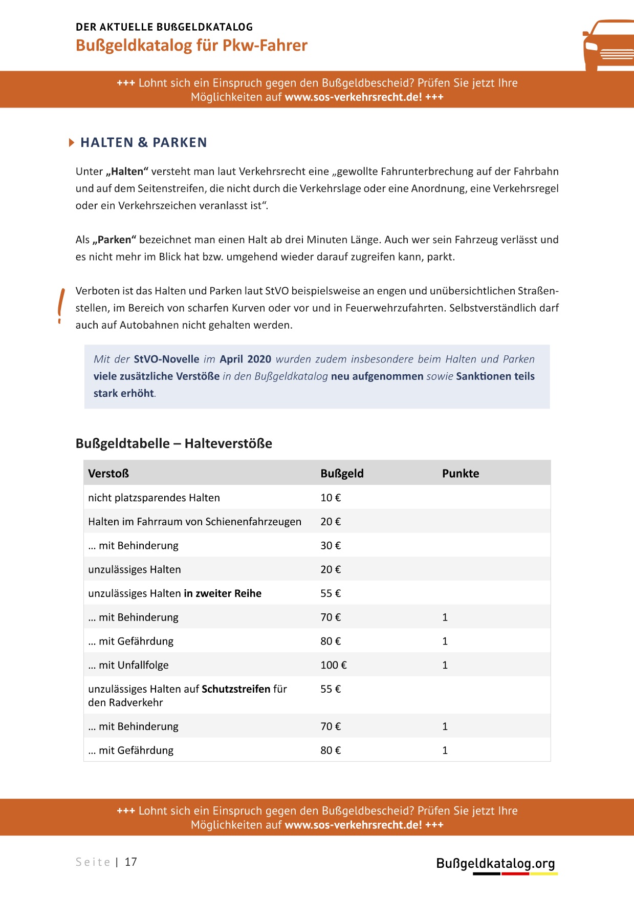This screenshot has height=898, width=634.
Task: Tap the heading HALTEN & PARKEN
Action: click(143, 142)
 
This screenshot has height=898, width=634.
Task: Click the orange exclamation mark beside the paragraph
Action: click(61, 306)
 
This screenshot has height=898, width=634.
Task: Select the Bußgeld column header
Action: click(342, 474)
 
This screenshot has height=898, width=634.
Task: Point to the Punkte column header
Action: click(461, 474)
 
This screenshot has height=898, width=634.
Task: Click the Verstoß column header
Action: click(108, 474)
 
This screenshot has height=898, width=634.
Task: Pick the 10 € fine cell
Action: click(331, 498)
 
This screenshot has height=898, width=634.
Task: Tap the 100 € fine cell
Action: click(333, 665)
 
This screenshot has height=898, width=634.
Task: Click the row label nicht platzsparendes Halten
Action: click(154, 498)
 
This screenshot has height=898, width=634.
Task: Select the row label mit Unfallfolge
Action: click(128, 665)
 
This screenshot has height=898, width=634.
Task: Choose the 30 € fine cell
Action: click(331, 546)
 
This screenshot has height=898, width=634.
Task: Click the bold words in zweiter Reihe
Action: click(223, 593)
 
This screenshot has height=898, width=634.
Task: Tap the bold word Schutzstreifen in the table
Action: click(236, 689)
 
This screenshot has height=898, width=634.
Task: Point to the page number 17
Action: click(131, 862)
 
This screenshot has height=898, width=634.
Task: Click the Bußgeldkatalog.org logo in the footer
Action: click(495, 864)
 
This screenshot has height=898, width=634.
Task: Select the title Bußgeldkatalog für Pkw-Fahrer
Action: click(191, 46)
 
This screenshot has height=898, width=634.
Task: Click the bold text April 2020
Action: click(246, 359)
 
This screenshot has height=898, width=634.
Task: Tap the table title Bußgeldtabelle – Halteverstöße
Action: click(174, 443)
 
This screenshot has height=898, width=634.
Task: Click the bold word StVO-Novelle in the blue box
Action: click(166, 359)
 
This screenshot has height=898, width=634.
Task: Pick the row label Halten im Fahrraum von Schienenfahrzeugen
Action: click(194, 522)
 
